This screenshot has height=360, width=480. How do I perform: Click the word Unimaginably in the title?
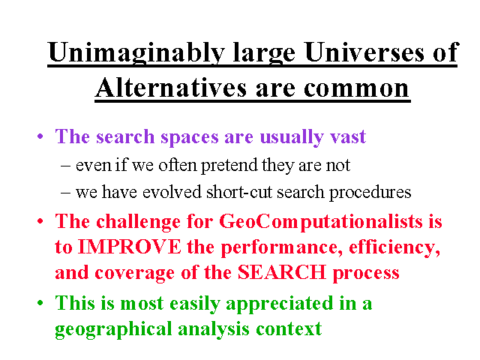coord(136,52)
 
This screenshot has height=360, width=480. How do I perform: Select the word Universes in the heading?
coord(365,52)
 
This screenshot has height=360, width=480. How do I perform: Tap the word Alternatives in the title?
coord(171,87)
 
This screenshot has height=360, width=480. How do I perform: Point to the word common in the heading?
coord(356,89)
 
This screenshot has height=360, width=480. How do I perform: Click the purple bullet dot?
coord(40,136)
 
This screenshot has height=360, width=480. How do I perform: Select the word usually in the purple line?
coord(292,137)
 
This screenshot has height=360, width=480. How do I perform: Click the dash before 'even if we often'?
coord(65,166)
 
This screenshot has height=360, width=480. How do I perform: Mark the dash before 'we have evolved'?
coord(65,193)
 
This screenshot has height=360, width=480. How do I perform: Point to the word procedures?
coord(370,193)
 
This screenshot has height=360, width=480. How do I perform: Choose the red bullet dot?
coord(40,221)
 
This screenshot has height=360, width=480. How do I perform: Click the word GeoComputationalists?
coord(322,222)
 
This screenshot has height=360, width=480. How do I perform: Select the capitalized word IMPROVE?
coord(130,247)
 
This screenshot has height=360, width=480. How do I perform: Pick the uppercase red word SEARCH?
coord(282,272)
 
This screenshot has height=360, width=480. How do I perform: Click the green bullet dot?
coord(40,303)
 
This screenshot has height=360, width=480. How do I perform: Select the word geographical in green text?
coord(113,330)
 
